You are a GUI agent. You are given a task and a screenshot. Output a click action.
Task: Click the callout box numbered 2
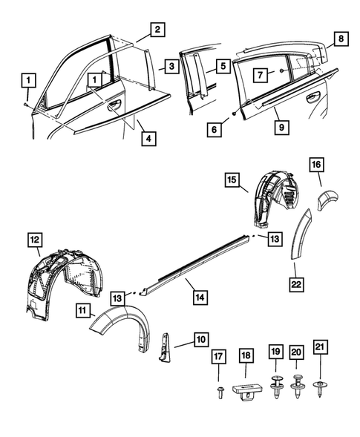tap(157, 30)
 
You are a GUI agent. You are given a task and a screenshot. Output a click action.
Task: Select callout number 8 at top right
tap(341, 38)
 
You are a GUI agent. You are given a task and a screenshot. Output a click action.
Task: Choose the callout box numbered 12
tap(35, 239)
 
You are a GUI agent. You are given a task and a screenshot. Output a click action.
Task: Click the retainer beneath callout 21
tap(321, 387)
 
